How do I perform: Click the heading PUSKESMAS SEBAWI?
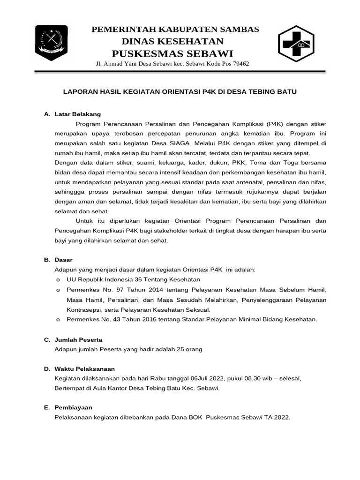(x=172, y=52)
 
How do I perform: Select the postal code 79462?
(x=239, y=64)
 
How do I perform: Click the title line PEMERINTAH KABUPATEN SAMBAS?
(x=175, y=30)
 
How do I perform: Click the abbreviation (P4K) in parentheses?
(x=275, y=124)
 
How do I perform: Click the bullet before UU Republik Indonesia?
(x=58, y=280)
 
